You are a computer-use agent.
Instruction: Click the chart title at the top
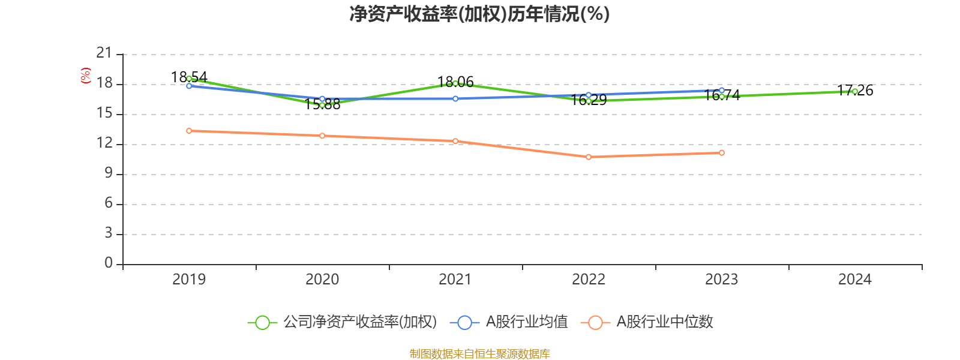(479, 14)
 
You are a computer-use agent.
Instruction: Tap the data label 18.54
(189, 77)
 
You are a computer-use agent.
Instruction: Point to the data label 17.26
(855, 90)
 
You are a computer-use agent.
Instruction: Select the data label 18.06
(455, 81)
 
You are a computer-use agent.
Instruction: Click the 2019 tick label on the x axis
(189, 279)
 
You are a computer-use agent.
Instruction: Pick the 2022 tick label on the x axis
(589, 279)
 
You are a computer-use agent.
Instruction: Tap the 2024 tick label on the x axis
(855, 279)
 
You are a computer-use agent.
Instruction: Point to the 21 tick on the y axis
(104, 53)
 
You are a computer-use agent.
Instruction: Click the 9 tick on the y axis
(109, 173)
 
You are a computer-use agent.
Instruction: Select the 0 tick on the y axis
(109, 263)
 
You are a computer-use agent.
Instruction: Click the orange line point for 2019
(189, 131)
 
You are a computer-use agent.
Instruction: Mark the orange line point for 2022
(589, 157)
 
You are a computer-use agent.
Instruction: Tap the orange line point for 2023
(722, 153)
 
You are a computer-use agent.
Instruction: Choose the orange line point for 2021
(455, 141)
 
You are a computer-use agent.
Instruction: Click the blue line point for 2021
(455, 98)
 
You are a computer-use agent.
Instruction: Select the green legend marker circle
(262, 322)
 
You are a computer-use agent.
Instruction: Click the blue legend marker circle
(464, 322)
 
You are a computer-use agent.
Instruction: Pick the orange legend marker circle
(595, 322)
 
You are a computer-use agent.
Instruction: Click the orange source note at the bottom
(479, 354)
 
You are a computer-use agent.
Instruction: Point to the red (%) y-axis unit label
(86, 75)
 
